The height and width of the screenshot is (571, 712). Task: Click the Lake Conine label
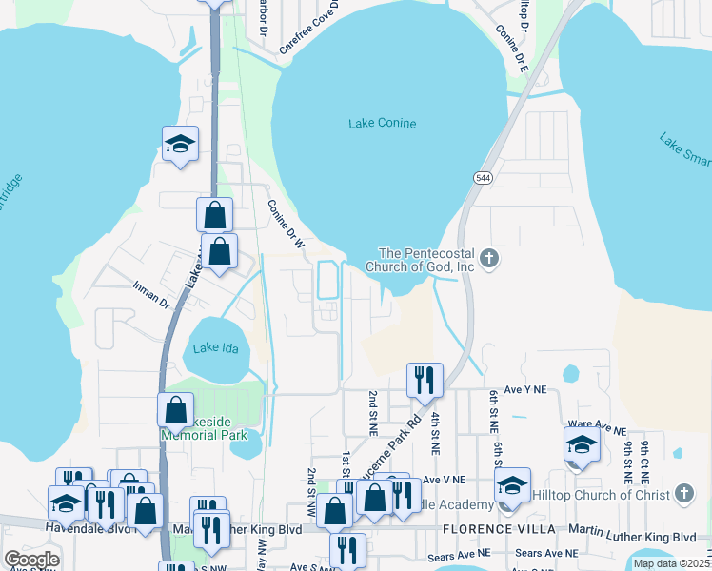[x=382, y=123]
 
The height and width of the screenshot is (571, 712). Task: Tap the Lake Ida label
[x=213, y=347]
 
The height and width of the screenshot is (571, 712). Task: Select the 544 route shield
[x=483, y=177]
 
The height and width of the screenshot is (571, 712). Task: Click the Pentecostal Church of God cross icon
[x=489, y=258]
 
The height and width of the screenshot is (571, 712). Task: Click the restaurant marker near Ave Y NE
[x=425, y=379]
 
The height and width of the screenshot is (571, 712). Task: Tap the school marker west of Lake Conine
[x=180, y=145]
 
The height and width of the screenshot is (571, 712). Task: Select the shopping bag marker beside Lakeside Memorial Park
[x=176, y=410]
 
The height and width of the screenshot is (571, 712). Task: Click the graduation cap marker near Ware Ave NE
[x=582, y=443]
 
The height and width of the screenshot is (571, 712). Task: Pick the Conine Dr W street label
[x=286, y=225]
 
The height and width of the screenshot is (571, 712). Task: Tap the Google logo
[x=31, y=560]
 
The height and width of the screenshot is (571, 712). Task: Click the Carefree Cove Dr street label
[x=309, y=28]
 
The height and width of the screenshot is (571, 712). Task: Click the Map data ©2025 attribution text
[x=670, y=563]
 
